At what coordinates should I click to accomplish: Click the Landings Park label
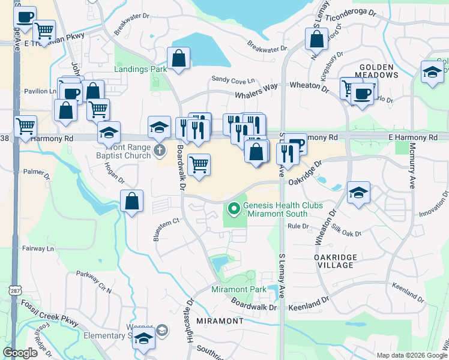point(140,69)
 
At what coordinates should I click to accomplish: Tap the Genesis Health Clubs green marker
point(233,209)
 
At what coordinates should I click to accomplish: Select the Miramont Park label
point(238,289)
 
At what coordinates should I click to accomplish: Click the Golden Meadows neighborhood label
point(378,71)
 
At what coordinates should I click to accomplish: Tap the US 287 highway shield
point(14,290)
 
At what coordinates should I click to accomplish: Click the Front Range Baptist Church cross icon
point(159,149)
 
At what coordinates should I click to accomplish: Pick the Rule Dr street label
point(298,226)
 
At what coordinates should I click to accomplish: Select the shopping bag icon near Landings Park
point(179,59)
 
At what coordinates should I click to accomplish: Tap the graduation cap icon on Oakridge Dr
point(358,192)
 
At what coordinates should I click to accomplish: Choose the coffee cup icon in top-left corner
point(25,17)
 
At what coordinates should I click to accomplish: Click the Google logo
point(20,352)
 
